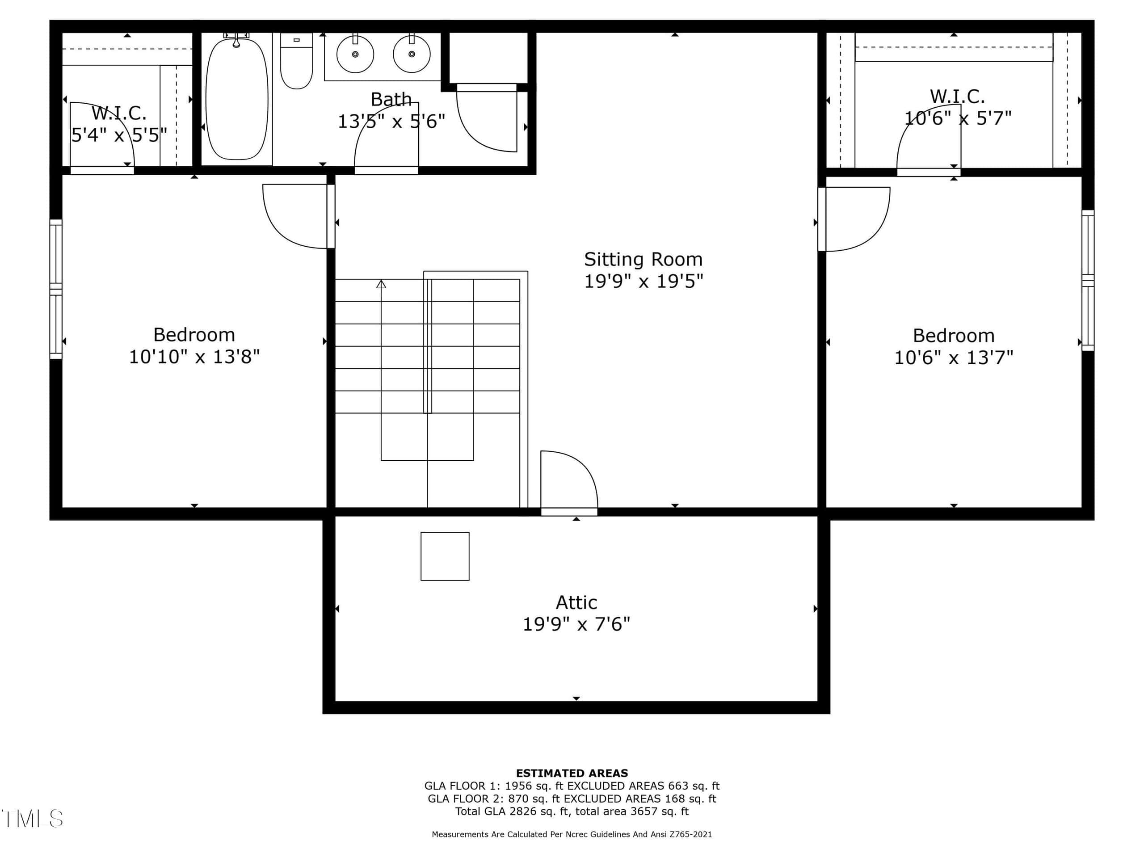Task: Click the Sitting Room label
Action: point(643,259)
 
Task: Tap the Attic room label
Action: point(576,602)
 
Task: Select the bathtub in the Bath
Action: point(237,98)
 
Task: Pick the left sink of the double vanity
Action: point(355,54)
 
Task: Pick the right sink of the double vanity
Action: point(412,54)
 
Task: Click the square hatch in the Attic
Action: point(445,556)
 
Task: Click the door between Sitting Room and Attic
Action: point(569,483)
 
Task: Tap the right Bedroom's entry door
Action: point(854,219)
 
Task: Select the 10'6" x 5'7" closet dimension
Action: point(957,118)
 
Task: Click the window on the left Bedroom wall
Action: point(56,289)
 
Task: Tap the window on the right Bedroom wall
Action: point(1088,280)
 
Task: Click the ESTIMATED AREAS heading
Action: point(572,773)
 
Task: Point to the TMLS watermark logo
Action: point(32,819)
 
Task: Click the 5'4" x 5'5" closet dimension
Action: point(119,135)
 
